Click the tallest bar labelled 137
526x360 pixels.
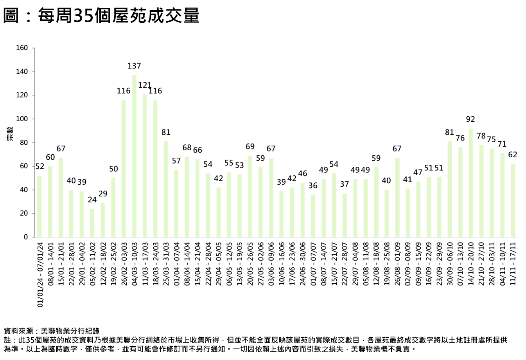[x=134, y=156]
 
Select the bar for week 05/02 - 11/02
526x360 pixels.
[x=92, y=223]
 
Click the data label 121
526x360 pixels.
[x=145, y=85]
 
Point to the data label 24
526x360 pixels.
[x=92, y=200]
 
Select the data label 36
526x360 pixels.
[x=313, y=185]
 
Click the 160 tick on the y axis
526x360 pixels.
[x=22, y=48]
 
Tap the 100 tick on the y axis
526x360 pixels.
[x=22, y=119]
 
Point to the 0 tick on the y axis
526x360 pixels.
[x=26, y=237]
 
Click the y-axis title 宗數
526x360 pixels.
[x=10, y=134]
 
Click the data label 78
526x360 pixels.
[x=481, y=136]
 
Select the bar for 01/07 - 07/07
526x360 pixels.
[x=313, y=216]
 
